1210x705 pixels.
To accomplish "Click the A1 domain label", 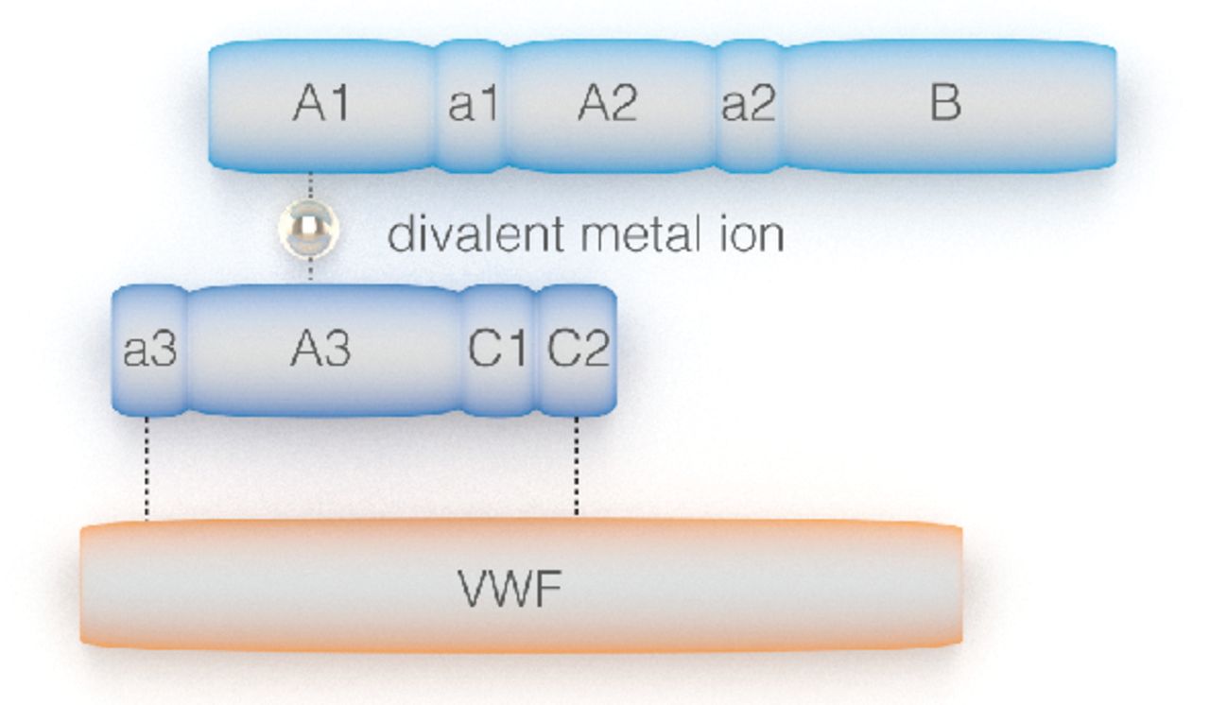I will pyautogui.click(x=320, y=103).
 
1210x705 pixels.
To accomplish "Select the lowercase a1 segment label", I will pyautogui.click(x=472, y=104).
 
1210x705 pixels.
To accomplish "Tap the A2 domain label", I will pyautogui.click(x=607, y=103).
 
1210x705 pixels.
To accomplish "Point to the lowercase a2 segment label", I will pyautogui.click(x=748, y=104).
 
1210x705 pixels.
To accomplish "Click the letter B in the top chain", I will pyautogui.click(x=945, y=103).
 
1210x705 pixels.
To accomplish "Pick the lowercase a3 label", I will pyautogui.click(x=150, y=351).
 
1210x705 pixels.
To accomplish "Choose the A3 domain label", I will pyautogui.click(x=320, y=351).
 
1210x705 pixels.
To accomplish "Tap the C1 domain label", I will pyautogui.click(x=497, y=351).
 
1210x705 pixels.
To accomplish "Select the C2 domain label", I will pyautogui.click(x=579, y=351).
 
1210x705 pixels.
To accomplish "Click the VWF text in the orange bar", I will pyautogui.click(x=510, y=590).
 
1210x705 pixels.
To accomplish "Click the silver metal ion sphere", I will pyautogui.click(x=309, y=228).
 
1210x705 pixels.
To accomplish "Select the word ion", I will pyautogui.click(x=751, y=233).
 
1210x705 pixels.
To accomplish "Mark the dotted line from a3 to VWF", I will pyautogui.click(x=147, y=467).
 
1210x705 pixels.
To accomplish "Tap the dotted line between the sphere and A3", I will pyautogui.click(x=310, y=270).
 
